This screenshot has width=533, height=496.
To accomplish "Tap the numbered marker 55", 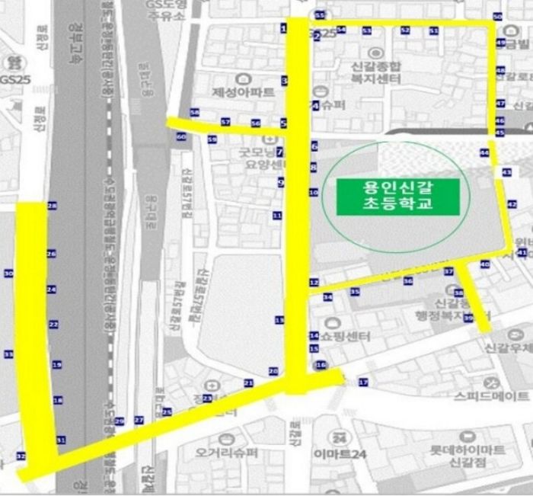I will [319, 15].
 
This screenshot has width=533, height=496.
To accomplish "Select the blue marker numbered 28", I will [52, 206].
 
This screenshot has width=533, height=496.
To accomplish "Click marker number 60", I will [180, 137].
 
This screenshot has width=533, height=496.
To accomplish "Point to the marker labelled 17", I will [362, 382].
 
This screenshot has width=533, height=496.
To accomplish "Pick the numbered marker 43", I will [506, 174].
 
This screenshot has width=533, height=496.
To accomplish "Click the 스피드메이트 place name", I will [491, 396].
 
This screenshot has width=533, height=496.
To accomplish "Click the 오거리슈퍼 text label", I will [228, 453].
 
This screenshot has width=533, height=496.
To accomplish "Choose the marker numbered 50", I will [497, 17].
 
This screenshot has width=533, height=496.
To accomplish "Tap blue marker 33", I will [8, 354].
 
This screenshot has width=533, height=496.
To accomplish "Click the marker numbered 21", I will [247, 382].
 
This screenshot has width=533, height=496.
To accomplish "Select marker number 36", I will [408, 281].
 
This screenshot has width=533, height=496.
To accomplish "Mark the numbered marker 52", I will [405, 30].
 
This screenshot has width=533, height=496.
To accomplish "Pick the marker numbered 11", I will [277, 216].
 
